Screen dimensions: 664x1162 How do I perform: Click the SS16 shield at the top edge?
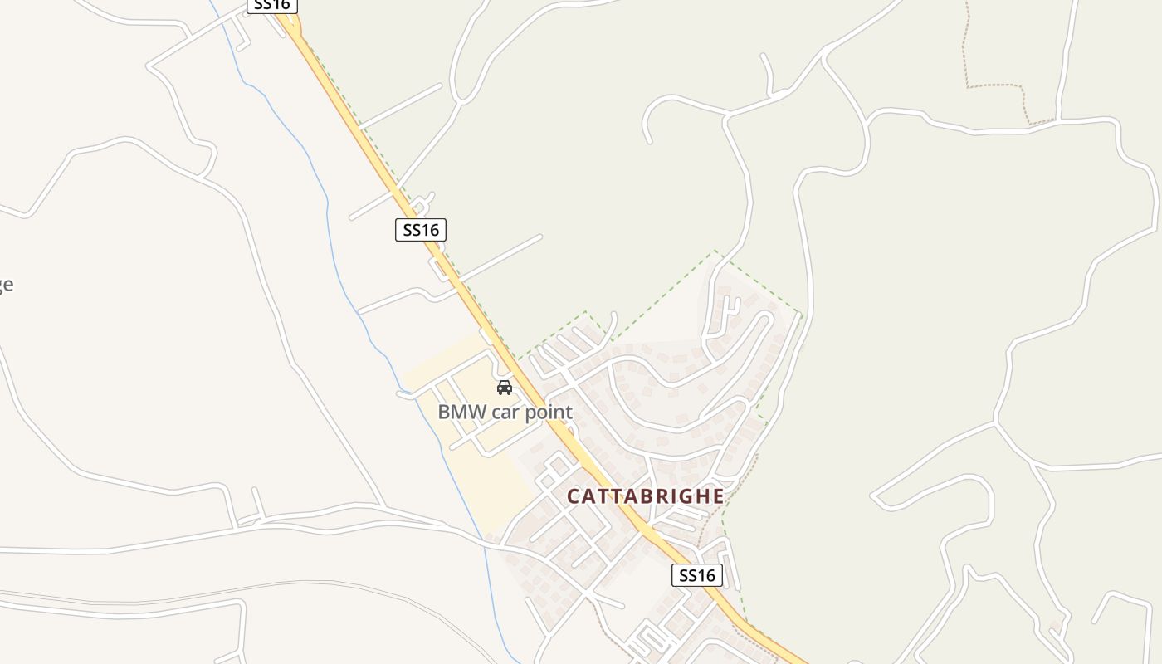[x=272, y=5]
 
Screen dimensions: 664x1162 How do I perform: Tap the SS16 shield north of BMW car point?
[x=421, y=230]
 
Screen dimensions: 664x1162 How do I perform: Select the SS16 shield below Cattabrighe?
[x=696, y=575]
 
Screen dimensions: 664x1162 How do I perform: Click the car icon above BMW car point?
[x=504, y=388]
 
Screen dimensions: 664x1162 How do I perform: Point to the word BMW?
[x=461, y=412]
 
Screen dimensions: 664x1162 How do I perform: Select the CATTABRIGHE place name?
[x=645, y=496]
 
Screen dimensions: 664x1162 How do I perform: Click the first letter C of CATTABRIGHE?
[x=574, y=496]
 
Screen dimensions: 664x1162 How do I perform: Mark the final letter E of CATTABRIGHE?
[x=717, y=496]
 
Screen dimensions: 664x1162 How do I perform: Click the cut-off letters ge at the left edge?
[x=5, y=285]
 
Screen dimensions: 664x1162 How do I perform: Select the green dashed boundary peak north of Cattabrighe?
[x=715, y=251]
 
